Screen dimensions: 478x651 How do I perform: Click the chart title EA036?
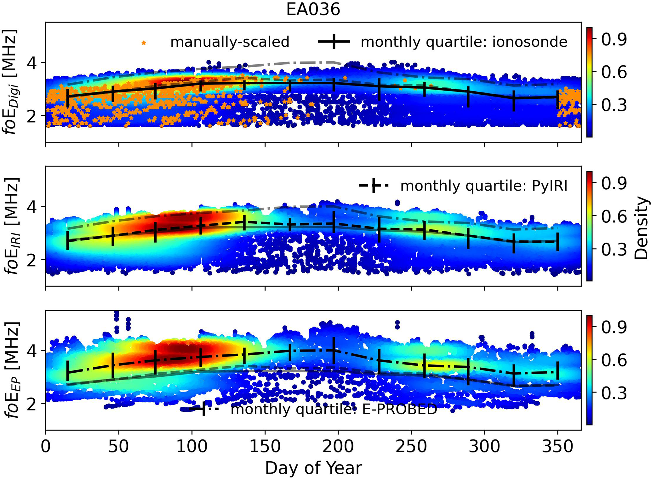(313, 9)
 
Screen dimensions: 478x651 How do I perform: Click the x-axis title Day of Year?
(313, 468)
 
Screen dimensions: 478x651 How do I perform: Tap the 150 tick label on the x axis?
(265, 447)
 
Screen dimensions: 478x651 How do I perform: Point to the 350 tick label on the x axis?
(557, 447)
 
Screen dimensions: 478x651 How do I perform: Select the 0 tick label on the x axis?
(46, 447)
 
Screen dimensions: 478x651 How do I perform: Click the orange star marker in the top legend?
(144, 43)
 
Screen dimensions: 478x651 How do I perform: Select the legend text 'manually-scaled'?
(230, 42)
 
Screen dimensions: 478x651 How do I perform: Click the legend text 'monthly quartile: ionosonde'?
(464, 42)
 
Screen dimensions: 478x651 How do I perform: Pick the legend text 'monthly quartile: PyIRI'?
(484, 186)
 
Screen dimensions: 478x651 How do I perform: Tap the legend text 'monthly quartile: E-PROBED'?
(334, 410)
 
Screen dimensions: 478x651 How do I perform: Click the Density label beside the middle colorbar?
(641, 228)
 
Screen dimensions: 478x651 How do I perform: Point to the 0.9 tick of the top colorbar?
(614, 39)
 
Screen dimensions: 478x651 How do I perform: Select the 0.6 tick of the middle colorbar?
(614, 216)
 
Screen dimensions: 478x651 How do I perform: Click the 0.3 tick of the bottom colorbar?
(614, 393)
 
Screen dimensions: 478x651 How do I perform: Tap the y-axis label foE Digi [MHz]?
(11, 82)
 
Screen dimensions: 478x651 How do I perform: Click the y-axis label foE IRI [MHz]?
(11, 226)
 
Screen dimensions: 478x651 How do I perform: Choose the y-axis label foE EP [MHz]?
(11, 370)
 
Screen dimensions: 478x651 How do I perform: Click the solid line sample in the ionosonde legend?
(334, 42)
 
